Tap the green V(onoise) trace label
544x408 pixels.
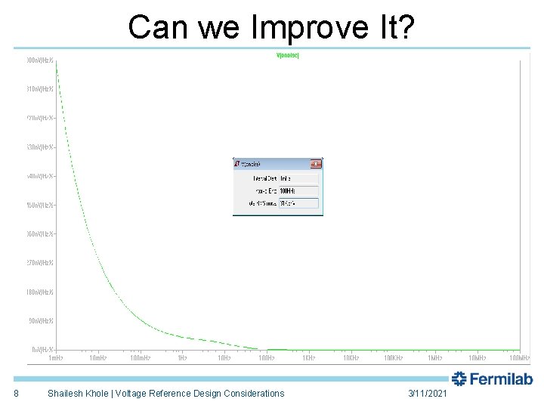coord(289,56)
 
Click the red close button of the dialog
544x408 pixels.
coord(317,163)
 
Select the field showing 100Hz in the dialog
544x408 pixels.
coord(298,190)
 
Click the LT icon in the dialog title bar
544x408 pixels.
coord(237,163)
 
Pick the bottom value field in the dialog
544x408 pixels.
coord(298,203)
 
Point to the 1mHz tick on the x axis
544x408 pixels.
coord(56,357)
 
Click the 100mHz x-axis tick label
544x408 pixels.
coord(140,357)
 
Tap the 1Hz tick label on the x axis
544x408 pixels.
coord(182,357)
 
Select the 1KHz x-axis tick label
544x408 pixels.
coord(309,357)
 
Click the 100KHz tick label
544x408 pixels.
coord(393,357)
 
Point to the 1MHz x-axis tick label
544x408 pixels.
coord(435,357)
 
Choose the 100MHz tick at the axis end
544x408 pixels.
coord(518,357)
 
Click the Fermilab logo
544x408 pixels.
coord(493,379)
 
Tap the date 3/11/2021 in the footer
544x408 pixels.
coord(428,394)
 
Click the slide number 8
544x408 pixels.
coord(17,394)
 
